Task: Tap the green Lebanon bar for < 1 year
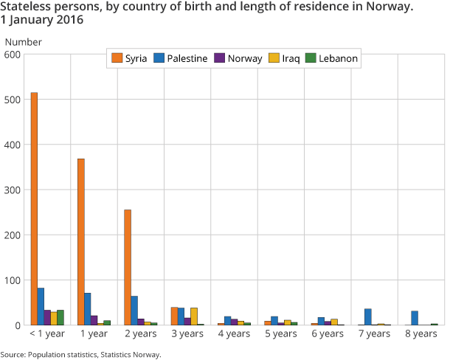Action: (60, 318)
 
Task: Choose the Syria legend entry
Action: (128, 58)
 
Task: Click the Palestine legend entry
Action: (180, 58)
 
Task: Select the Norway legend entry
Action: (238, 58)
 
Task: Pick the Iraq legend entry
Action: (284, 58)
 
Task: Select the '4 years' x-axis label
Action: (234, 334)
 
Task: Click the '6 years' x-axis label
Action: (328, 334)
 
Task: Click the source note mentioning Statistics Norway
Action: (80, 355)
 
